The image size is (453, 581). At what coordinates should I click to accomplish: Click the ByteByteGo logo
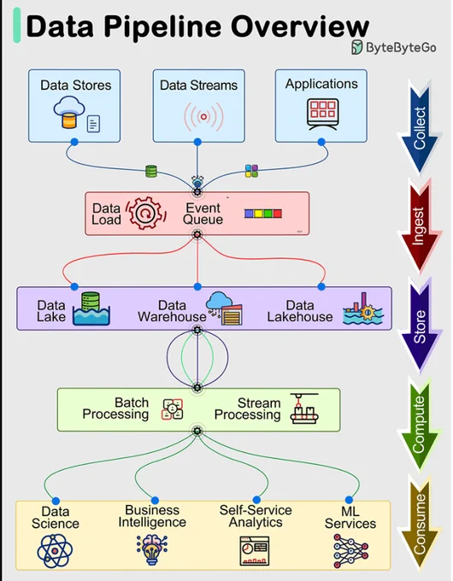(x=394, y=47)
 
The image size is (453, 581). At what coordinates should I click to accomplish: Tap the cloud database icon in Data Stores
(x=69, y=112)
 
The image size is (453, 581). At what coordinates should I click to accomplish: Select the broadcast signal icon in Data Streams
(x=203, y=117)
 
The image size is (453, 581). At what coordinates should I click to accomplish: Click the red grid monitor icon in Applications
(x=322, y=114)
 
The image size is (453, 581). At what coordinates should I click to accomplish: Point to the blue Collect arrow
(x=420, y=126)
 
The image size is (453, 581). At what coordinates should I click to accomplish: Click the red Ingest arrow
(x=420, y=226)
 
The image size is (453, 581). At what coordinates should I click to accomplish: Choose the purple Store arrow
(x=420, y=324)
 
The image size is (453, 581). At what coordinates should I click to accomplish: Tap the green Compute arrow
(x=420, y=424)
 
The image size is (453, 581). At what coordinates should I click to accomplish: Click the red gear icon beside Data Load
(x=145, y=213)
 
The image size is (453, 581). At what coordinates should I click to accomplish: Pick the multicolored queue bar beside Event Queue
(x=263, y=214)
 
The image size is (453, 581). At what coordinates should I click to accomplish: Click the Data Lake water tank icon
(x=91, y=308)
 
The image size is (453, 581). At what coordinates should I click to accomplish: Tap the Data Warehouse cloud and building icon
(x=225, y=308)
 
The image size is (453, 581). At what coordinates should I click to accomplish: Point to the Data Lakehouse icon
(x=363, y=308)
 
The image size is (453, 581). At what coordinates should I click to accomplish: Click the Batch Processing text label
(x=115, y=408)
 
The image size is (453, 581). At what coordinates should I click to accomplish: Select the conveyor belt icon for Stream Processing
(x=304, y=408)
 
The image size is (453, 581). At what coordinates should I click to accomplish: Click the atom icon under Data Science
(x=55, y=550)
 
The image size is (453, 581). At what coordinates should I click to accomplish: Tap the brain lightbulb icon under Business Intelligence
(x=152, y=549)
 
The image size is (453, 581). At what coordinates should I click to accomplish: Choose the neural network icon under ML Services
(x=350, y=551)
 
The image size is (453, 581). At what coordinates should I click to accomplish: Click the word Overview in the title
(x=300, y=26)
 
